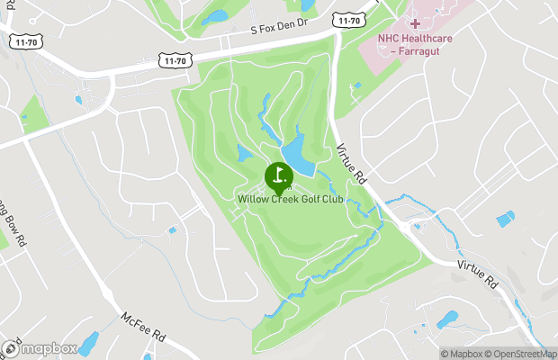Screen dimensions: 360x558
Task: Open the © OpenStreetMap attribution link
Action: click(518, 353)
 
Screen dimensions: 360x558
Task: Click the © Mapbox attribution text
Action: click(461, 353)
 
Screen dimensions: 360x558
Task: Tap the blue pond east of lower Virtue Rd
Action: click(506, 219)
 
